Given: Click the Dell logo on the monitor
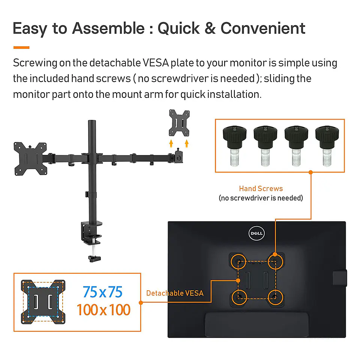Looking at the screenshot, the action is point(256,233).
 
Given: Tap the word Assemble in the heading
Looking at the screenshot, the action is point(108,28).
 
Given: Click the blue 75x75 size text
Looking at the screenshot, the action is point(103,292).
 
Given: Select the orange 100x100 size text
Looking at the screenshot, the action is point(103,310).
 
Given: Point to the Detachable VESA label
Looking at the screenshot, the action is point(175,293).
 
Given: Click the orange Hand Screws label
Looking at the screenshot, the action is point(261,189).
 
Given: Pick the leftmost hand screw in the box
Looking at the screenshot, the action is point(235,145).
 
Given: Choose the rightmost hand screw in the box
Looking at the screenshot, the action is point(327,145).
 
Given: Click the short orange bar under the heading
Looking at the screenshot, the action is point(21,48).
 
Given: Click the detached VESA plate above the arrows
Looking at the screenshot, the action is point(179,123).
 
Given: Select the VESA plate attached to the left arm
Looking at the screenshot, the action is point(30,159).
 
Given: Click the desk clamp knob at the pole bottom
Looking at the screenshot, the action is point(94,259).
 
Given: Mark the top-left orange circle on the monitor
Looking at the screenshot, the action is point(238,261).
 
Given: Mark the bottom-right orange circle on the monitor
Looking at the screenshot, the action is point(275,297).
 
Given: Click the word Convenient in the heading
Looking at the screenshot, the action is point(263,28).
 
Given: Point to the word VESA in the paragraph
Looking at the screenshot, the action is point(156,63).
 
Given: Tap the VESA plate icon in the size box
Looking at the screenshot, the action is point(43,302).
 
